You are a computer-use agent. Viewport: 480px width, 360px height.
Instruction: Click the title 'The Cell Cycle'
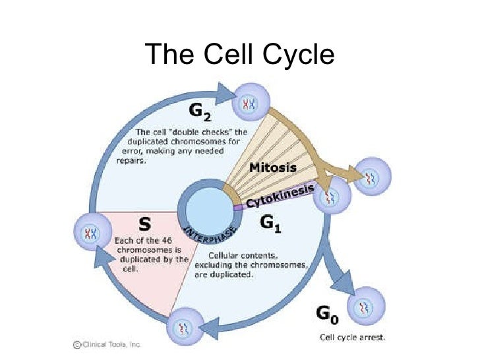[239, 55]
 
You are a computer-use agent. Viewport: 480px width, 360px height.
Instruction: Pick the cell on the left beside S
[90, 232]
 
